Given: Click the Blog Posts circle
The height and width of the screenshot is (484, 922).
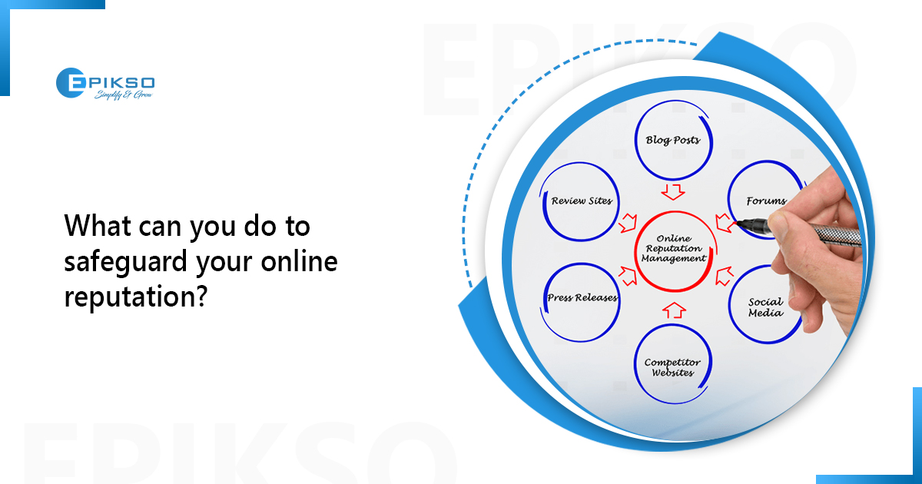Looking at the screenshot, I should [673, 141].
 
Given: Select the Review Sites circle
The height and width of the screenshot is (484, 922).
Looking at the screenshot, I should [582, 201].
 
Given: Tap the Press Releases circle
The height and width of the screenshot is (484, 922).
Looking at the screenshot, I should [582, 298].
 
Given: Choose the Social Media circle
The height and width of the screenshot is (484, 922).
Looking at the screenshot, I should [765, 307].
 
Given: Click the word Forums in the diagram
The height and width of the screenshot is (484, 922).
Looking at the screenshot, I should [766, 201].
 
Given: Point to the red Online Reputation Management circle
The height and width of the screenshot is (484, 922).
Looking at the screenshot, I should [674, 249].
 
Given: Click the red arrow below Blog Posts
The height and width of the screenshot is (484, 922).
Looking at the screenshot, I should [673, 189].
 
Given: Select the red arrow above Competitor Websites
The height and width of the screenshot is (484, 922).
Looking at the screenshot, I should [673, 310].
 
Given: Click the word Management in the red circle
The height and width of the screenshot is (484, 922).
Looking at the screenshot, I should [674, 259].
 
